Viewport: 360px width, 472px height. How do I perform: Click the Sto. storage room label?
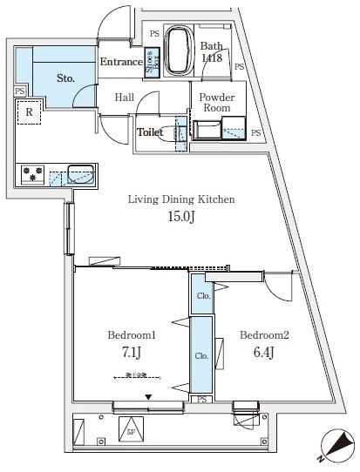click(66, 78)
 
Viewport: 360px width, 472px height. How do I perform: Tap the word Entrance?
click(120, 62)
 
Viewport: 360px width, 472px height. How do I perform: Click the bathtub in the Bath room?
click(180, 51)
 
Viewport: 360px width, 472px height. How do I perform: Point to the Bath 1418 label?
click(212, 52)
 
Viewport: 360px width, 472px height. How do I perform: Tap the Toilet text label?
click(153, 133)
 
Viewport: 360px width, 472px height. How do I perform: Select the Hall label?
click(125, 98)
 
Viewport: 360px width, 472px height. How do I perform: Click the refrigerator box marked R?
click(29, 112)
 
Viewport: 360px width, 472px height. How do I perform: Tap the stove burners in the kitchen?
click(31, 174)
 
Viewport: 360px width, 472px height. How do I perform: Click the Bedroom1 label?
click(131, 334)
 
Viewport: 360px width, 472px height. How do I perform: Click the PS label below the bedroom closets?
click(201, 399)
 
